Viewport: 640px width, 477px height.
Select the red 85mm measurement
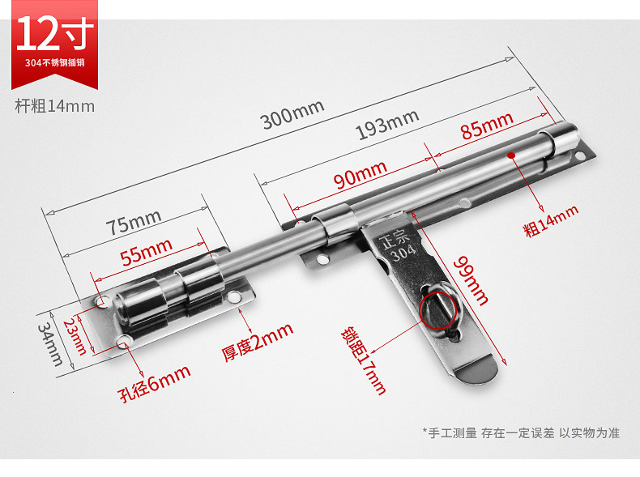click(x=487, y=125)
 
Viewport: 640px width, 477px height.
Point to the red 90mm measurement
click(x=359, y=173)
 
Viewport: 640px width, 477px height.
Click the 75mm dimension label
click(x=134, y=222)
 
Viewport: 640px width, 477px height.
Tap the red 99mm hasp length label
click(x=471, y=280)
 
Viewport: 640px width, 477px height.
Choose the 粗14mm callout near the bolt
click(x=552, y=220)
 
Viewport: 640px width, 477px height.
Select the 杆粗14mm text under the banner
click(x=55, y=105)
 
